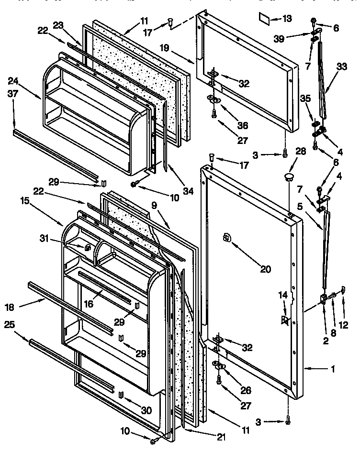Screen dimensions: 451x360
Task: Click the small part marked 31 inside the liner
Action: point(88,248)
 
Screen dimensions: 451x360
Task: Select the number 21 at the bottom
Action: point(208,436)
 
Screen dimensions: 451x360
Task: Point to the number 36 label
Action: point(243,126)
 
